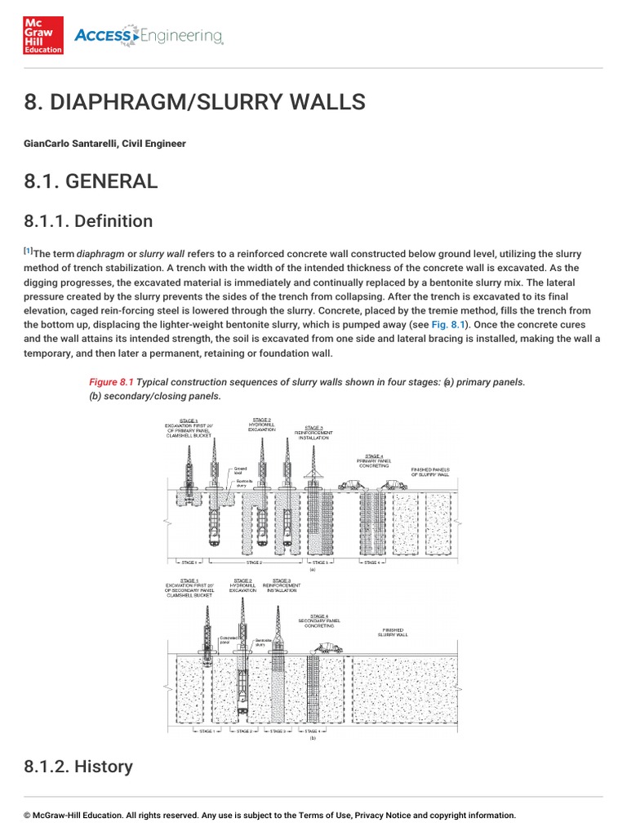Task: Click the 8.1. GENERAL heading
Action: pyautogui.click(x=91, y=181)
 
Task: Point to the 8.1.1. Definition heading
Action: pyautogui.click(x=88, y=221)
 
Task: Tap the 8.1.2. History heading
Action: pyautogui.click(x=78, y=766)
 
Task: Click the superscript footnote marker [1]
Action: pyautogui.click(x=29, y=251)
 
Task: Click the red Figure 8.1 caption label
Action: pyautogui.click(x=110, y=381)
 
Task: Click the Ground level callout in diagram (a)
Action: pyautogui.click(x=240, y=470)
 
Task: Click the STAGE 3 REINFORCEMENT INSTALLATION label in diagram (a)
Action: pyautogui.click(x=313, y=433)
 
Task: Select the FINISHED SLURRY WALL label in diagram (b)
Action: pyautogui.click(x=395, y=631)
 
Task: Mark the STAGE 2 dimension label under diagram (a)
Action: pyautogui.click(x=254, y=563)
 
